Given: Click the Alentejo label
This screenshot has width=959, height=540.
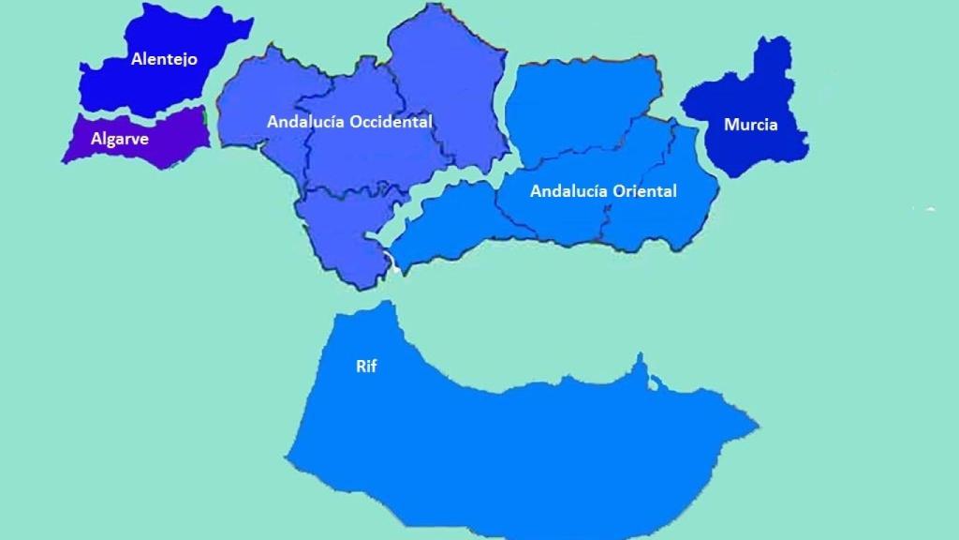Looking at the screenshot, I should [164, 59].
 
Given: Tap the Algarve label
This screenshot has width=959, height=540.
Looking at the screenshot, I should [120, 139].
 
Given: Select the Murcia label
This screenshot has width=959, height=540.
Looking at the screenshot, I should [750, 125].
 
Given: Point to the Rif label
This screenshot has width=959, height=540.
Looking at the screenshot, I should [366, 367].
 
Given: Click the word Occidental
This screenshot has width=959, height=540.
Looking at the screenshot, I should [391, 122].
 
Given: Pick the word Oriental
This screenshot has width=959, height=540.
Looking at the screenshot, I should [644, 191].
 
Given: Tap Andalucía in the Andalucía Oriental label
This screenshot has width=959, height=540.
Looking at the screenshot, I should [569, 191].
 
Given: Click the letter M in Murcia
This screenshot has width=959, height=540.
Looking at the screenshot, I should [730, 125].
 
